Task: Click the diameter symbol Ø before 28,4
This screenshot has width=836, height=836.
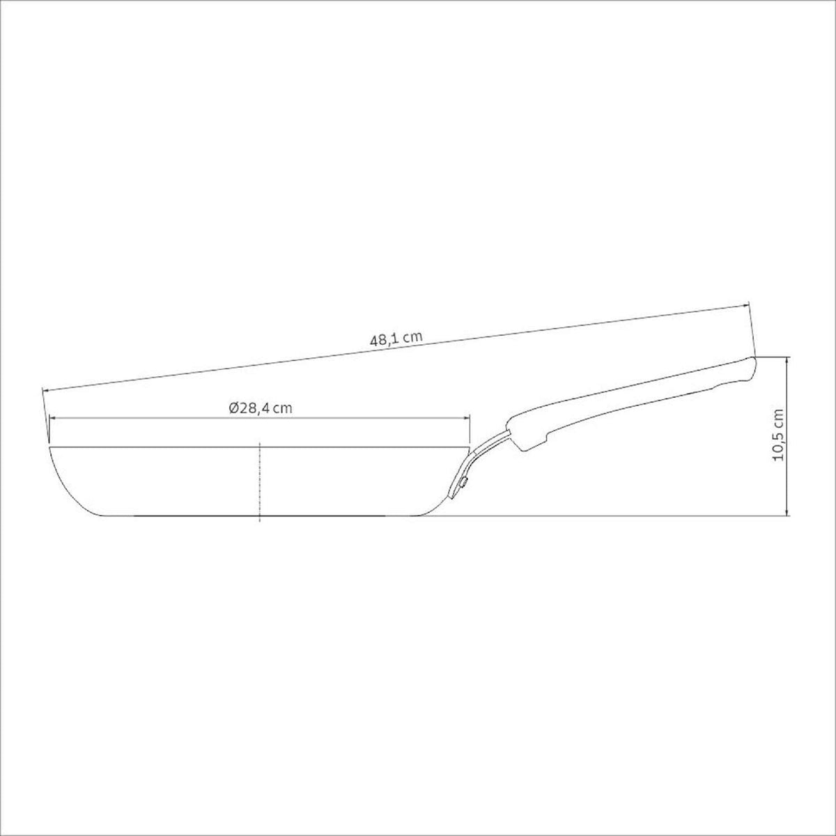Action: (x=233, y=408)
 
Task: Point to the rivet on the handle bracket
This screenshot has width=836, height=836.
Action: (x=464, y=481)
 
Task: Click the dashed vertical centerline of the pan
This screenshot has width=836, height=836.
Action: (x=259, y=481)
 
